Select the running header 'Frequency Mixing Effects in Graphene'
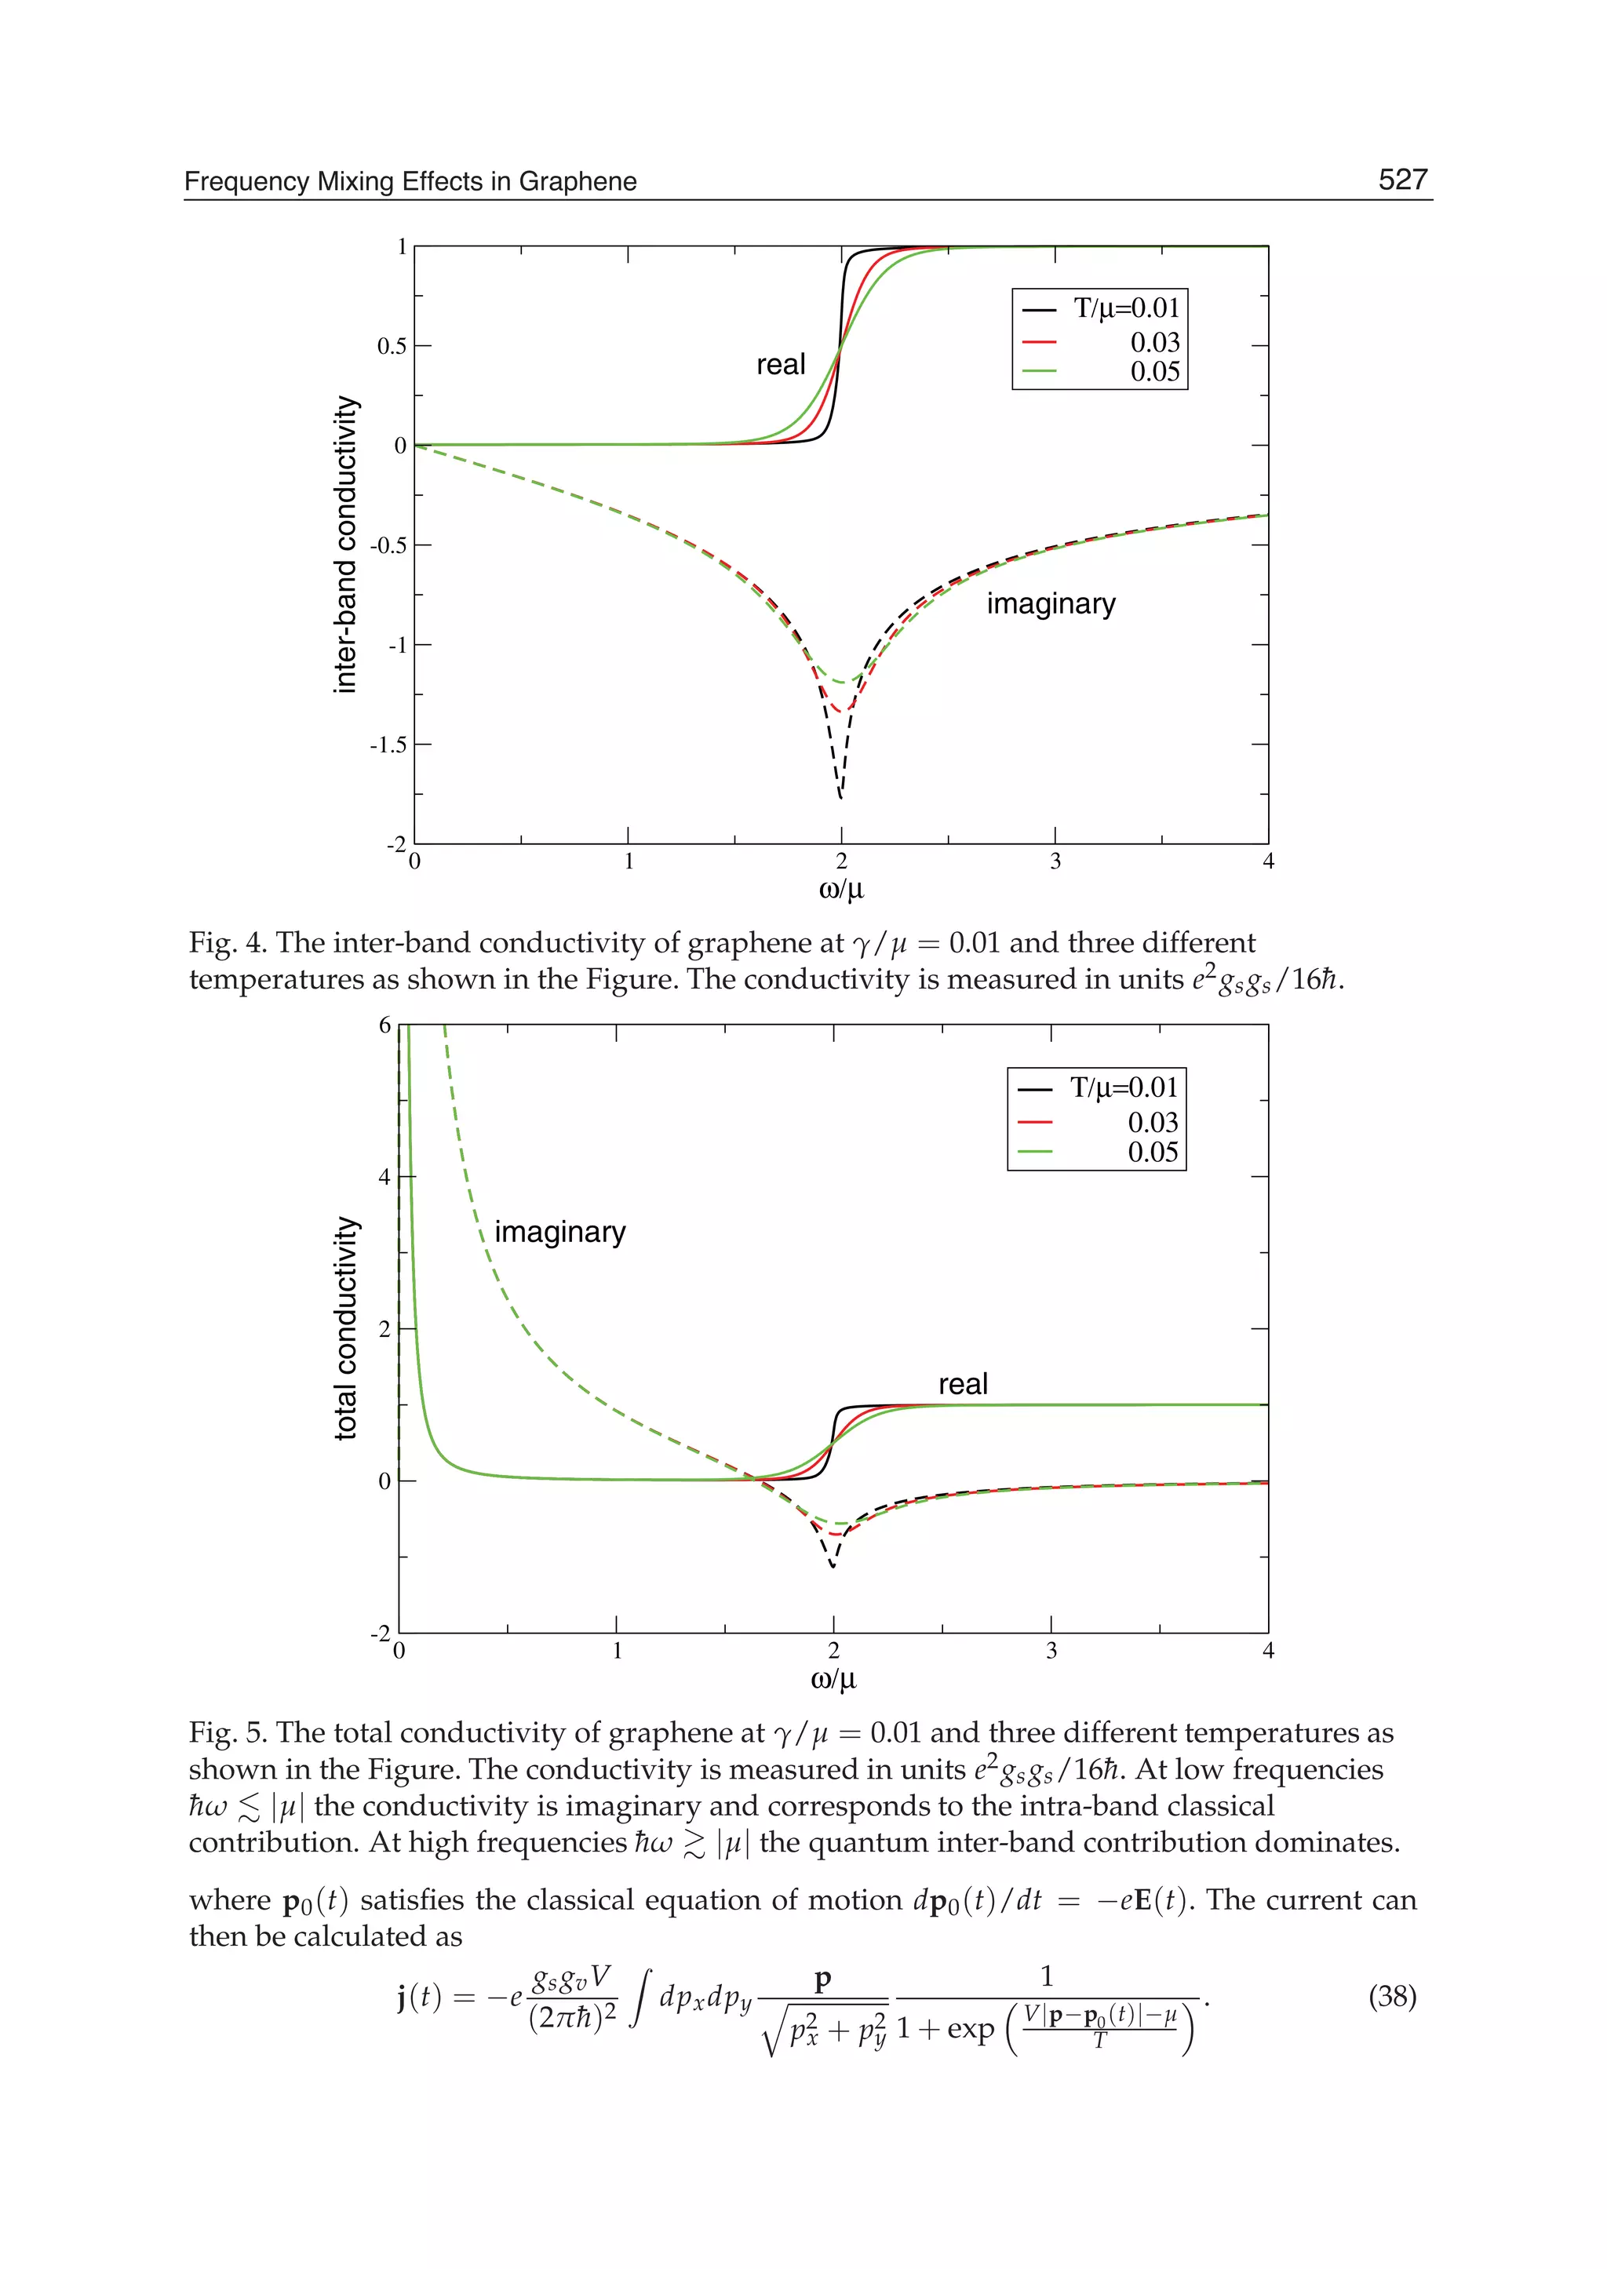[x=410, y=182]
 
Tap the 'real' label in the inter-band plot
[x=781, y=365]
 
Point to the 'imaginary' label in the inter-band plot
[x=1051, y=603]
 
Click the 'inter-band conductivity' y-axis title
[x=345, y=544]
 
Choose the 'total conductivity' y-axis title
[x=345, y=1328]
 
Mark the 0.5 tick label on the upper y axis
[x=391, y=346]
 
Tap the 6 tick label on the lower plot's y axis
[x=385, y=1025]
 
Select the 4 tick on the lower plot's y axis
[x=385, y=1178]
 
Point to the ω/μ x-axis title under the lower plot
[x=833, y=1679]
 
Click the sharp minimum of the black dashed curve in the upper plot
[x=841, y=796]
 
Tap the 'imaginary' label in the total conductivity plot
[x=560, y=1232]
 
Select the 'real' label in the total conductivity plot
[x=963, y=1384]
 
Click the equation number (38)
[x=1391, y=1997]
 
